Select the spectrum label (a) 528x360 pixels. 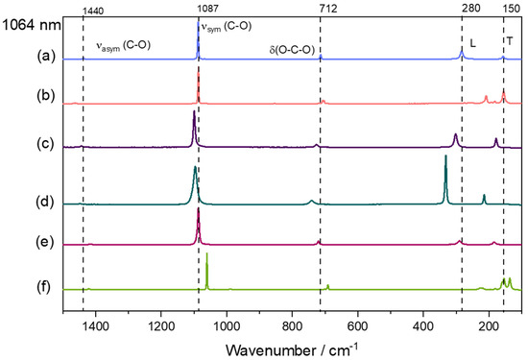16,60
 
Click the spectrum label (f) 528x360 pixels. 16,286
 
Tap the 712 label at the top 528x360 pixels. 320,9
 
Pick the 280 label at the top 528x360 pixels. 462,9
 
